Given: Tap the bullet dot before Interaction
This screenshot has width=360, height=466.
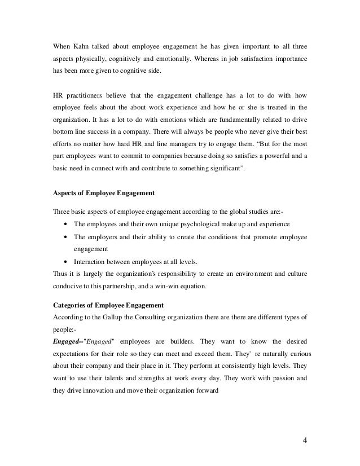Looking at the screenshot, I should (68, 262).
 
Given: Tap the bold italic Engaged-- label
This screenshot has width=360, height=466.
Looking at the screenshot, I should (67, 343).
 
